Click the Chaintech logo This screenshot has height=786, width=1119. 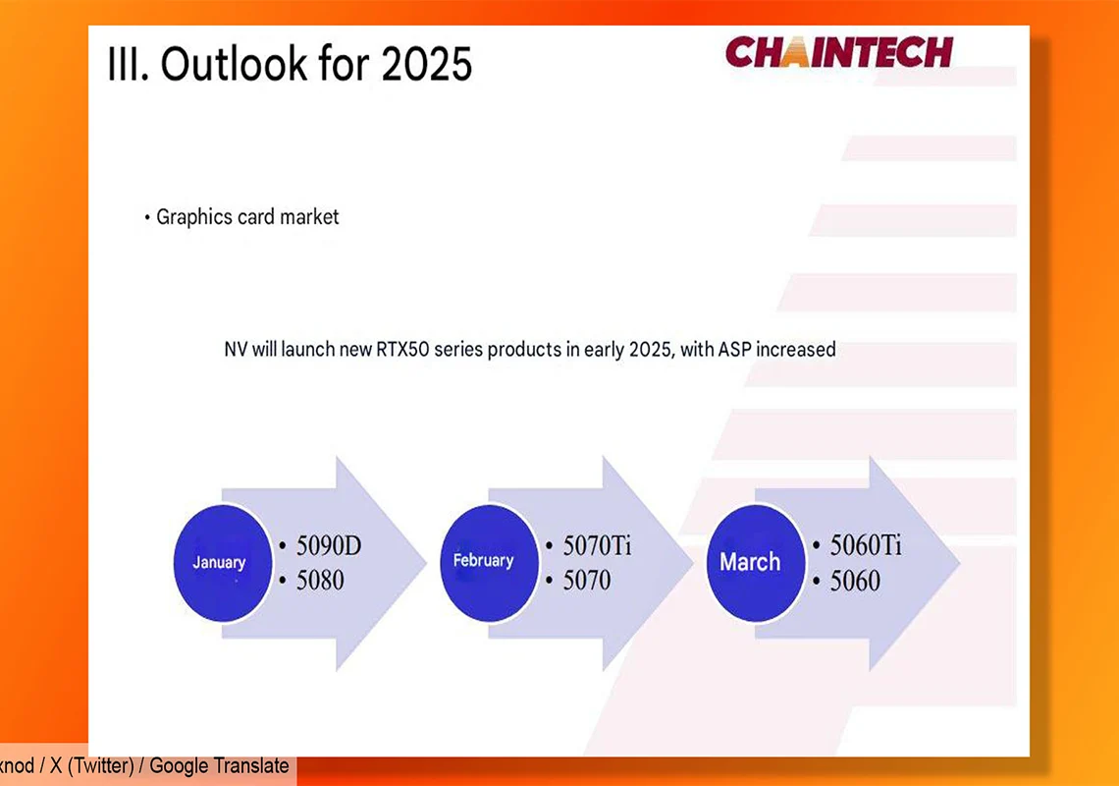(839, 51)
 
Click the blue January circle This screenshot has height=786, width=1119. (222, 562)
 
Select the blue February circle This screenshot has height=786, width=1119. (489, 562)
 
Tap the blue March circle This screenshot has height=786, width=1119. (756, 562)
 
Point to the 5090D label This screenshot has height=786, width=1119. (329, 545)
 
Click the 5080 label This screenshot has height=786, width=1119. (320, 580)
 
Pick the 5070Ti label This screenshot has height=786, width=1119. (598, 545)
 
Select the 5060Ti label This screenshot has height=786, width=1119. (866, 545)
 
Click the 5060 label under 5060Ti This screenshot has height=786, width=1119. (855, 581)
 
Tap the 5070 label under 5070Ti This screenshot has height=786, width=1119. (587, 580)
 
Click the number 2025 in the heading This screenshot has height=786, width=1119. (427, 64)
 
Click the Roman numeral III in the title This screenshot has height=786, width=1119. (127, 64)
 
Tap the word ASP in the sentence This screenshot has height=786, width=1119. (734, 350)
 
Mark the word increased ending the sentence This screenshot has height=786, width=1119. (796, 350)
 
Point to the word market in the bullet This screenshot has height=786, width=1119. (309, 217)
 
